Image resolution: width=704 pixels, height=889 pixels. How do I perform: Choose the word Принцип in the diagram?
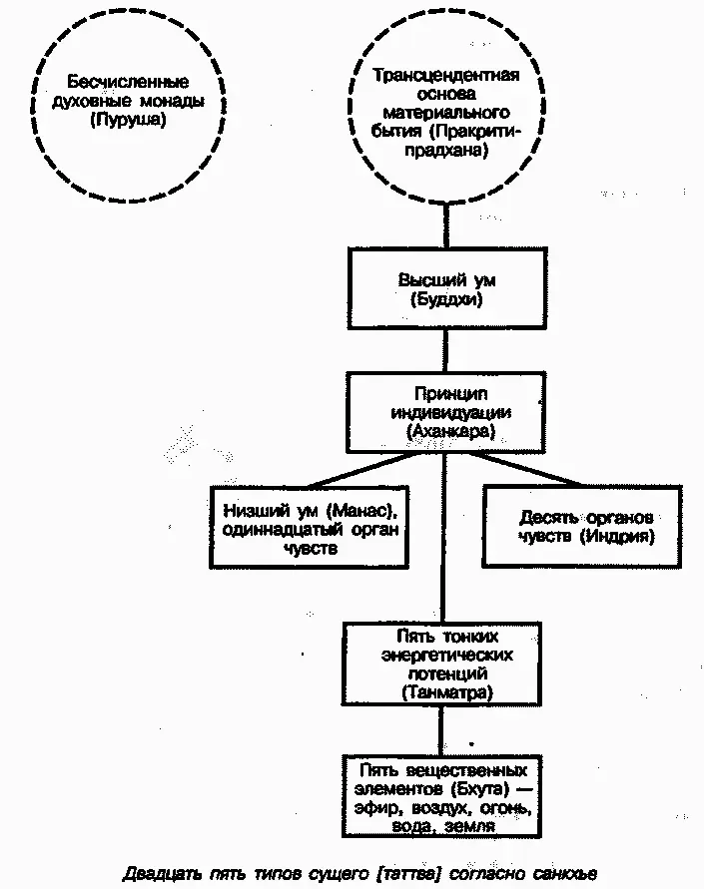[x=448, y=394]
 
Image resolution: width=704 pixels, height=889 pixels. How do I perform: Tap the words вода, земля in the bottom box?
[x=445, y=825]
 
